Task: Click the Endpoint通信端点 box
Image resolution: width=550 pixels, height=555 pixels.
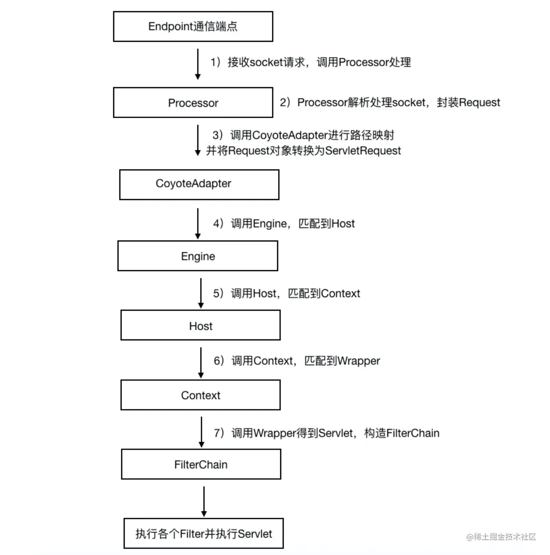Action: (x=193, y=27)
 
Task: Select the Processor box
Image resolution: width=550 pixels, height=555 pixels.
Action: (x=193, y=103)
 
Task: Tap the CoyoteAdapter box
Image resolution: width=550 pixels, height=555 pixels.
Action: (x=199, y=185)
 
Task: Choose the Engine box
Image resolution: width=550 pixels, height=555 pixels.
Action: (x=197, y=256)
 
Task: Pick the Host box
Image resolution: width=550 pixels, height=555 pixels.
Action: (x=200, y=325)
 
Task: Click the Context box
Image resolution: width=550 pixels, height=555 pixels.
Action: (x=200, y=395)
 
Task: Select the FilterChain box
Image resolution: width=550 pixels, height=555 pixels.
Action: (x=201, y=464)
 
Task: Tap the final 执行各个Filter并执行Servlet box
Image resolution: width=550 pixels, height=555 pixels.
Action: (x=204, y=533)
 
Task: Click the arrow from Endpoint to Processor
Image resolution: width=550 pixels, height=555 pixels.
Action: (x=198, y=64)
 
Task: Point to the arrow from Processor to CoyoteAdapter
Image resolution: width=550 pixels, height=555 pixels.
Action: (x=197, y=140)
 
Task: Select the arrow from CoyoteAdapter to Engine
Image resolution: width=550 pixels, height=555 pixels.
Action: (x=198, y=223)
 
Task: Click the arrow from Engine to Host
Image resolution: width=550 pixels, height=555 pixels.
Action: (x=201, y=293)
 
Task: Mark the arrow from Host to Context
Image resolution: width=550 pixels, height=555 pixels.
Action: (x=201, y=362)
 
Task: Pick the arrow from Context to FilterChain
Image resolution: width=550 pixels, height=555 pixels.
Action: (x=201, y=432)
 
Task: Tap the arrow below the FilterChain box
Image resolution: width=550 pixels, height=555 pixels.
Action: (x=204, y=501)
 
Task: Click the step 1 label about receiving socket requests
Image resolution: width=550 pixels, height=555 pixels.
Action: (x=310, y=62)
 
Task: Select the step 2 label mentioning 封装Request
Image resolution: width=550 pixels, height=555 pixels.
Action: (x=390, y=102)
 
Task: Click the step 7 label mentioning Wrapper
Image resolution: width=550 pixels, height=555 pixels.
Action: (x=326, y=433)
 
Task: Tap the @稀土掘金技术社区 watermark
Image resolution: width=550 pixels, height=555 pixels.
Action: (x=501, y=537)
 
